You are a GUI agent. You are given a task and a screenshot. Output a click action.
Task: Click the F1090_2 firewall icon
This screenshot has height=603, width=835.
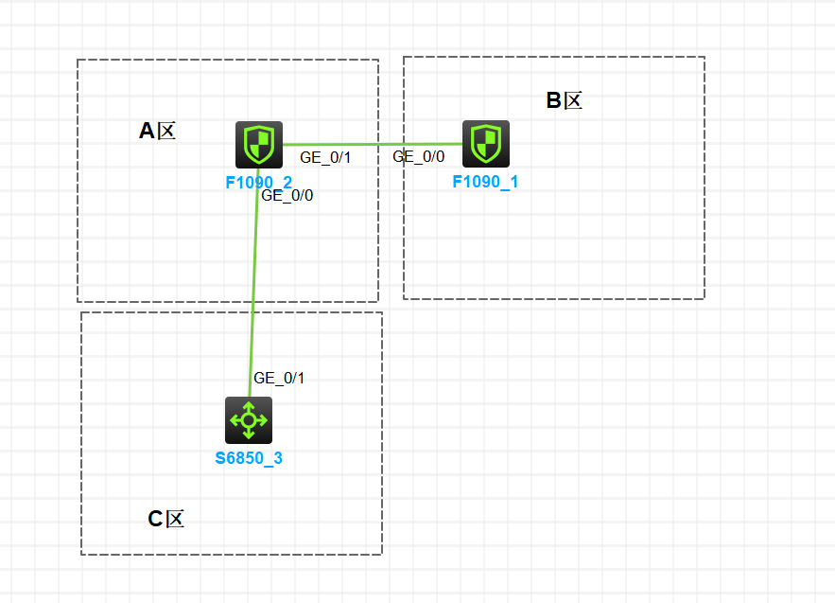[x=259, y=145]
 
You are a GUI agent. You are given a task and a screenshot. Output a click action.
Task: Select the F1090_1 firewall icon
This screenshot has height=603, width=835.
[x=486, y=143]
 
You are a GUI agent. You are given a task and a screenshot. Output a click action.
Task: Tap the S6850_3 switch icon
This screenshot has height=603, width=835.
[x=249, y=420]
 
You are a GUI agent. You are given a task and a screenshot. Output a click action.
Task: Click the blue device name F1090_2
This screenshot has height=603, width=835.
[x=259, y=182]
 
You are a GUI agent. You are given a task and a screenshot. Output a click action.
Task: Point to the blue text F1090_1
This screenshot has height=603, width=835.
[x=485, y=182]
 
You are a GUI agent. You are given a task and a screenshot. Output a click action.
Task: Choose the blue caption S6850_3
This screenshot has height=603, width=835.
[x=249, y=459]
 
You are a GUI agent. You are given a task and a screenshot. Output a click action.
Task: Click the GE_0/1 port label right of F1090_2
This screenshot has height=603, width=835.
[x=325, y=157]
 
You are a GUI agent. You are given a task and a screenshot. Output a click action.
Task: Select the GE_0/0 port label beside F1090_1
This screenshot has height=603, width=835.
[x=418, y=157]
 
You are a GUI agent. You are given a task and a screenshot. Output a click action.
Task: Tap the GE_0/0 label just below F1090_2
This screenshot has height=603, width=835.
[x=287, y=196]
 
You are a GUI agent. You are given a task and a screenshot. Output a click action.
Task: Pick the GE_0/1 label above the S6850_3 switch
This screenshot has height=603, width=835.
[x=279, y=378]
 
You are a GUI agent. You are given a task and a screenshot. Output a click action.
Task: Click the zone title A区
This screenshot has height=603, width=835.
[x=157, y=131]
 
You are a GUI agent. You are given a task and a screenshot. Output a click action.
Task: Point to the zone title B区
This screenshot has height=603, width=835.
[x=564, y=100]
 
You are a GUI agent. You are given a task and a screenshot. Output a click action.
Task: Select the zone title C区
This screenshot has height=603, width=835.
[x=165, y=519]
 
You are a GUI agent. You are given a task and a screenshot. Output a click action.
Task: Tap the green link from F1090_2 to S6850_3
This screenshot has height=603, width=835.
[x=254, y=284]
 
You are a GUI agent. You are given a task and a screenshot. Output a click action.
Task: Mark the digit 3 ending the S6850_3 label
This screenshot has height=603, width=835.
[x=278, y=459]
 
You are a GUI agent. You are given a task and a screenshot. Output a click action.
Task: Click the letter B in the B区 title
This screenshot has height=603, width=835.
[x=554, y=100]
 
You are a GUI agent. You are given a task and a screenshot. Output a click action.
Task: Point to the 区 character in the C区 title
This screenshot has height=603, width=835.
[x=175, y=519]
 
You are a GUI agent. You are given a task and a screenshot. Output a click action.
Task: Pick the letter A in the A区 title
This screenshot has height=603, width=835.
[x=147, y=131]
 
